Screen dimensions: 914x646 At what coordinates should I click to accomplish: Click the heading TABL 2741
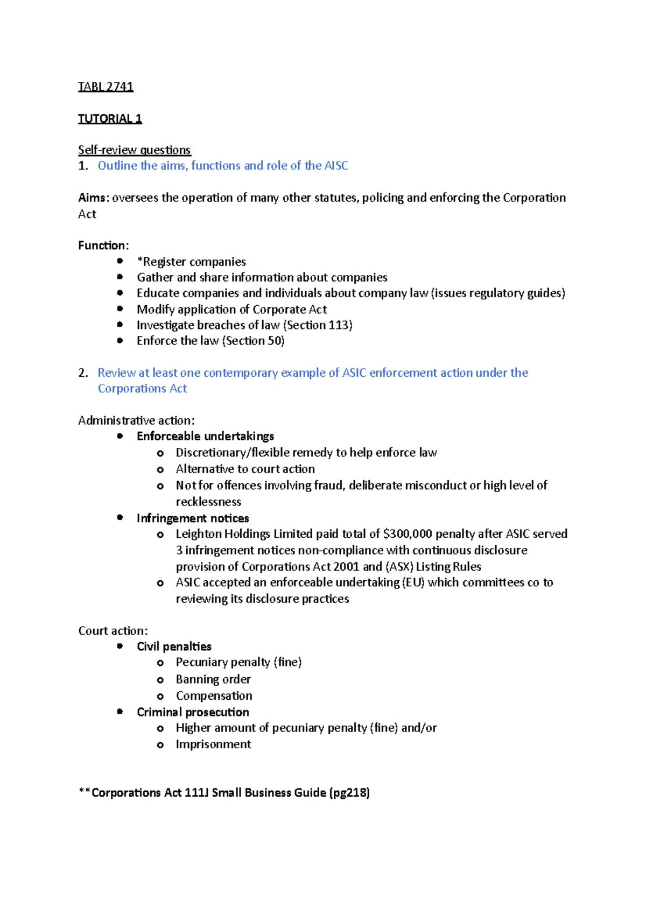click(x=106, y=87)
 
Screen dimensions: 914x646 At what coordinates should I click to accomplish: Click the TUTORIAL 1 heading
click(x=110, y=118)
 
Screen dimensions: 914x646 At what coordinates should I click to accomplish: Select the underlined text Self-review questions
click(x=134, y=150)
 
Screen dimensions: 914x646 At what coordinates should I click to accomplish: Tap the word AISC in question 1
click(x=336, y=166)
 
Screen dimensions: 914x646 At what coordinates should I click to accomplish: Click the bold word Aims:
click(x=94, y=198)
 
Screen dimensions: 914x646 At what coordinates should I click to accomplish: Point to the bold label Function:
click(x=103, y=245)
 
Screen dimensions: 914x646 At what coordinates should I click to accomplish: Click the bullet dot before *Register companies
click(x=120, y=261)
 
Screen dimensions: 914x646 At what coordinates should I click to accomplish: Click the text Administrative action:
click(x=136, y=420)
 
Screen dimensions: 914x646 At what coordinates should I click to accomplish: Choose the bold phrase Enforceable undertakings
click(x=205, y=436)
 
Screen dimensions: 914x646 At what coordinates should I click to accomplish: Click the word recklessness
click(x=208, y=502)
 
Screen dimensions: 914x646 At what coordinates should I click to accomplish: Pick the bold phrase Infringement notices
click(x=193, y=518)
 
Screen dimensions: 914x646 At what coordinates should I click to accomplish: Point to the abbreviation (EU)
click(x=413, y=582)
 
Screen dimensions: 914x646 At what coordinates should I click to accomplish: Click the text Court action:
click(x=113, y=631)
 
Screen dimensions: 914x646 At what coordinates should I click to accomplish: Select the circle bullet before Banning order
click(x=160, y=680)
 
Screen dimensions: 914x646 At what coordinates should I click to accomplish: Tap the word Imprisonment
click(x=213, y=744)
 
